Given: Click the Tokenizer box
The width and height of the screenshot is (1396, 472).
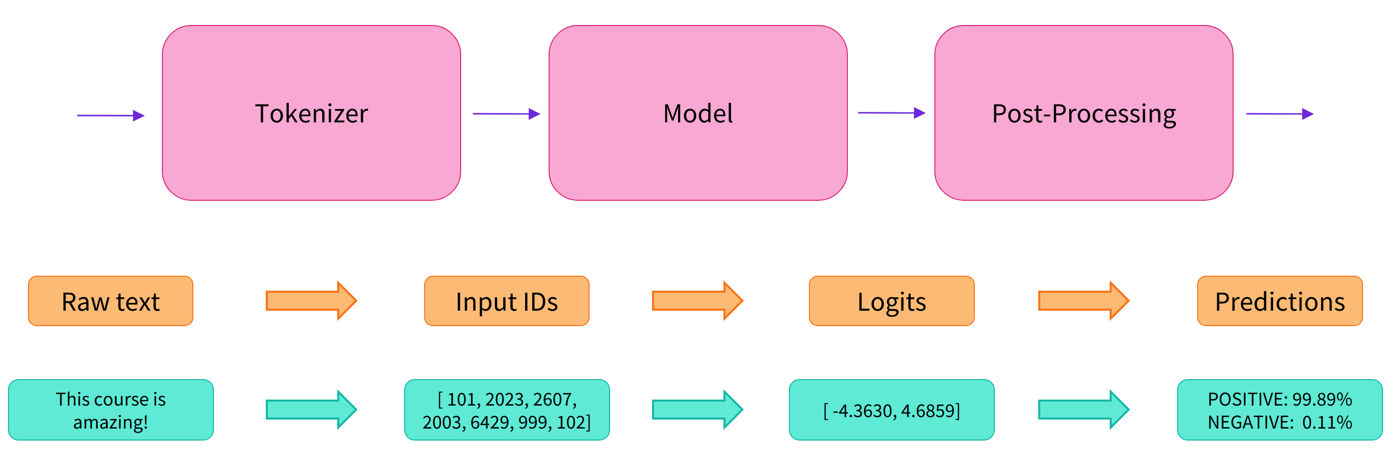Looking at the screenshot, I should pyautogui.click(x=311, y=113).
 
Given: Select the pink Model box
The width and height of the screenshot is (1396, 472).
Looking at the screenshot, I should pyautogui.click(x=698, y=113).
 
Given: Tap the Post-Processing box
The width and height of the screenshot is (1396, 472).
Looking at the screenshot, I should pyautogui.click(x=1083, y=113).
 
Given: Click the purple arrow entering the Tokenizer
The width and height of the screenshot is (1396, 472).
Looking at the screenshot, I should pyautogui.click(x=110, y=115).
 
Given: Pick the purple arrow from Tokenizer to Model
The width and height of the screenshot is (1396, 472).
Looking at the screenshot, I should pyautogui.click(x=506, y=114).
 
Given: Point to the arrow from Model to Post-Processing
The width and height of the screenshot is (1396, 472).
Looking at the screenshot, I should pyautogui.click(x=891, y=113).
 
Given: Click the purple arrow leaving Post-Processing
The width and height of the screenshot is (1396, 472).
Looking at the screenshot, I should pyautogui.click(x=1280, y=114).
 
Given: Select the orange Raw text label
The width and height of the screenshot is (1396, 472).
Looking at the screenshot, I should pyautogui.click(x=110, y=301).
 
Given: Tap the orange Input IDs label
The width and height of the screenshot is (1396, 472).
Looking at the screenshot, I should pyautogui.click(x=506, y=301).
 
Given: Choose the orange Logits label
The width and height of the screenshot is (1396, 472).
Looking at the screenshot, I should pyautogui.click(x=891, y=301).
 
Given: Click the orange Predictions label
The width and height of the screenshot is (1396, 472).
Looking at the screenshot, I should pyautogui.click(x=1280, y=301).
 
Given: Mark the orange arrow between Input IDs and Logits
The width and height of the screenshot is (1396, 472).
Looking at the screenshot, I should pyautogui.click(x=698, y=301).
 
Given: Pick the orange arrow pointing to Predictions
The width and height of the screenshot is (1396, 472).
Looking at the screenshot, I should pyautogui.click(x=1083, y=301).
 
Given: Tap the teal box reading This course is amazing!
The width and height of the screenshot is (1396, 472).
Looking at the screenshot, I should pyautogui.click(x=110, y=410).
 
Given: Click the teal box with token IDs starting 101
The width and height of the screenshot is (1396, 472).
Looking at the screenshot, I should pyautogui.click(x=506, y=410).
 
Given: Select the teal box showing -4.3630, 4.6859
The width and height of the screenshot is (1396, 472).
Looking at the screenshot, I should pyautogui.click(x=891, y=410).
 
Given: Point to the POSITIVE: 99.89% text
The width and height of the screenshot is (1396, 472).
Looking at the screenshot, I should pyautogui.click(x=1280, y=399).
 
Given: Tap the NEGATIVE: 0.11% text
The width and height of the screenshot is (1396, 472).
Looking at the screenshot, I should pyautogui.click(x=1280, y=422).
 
